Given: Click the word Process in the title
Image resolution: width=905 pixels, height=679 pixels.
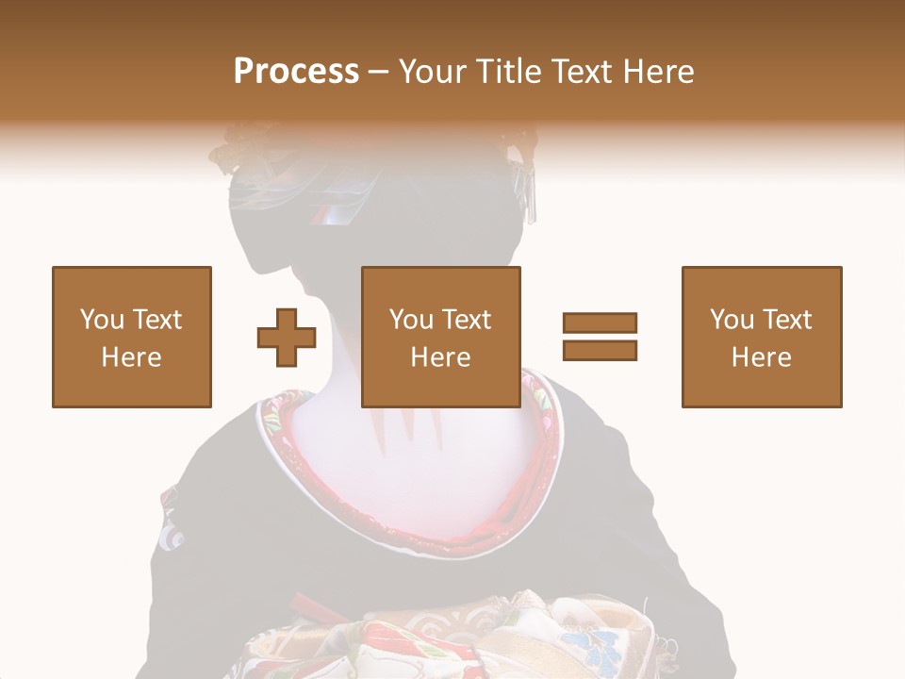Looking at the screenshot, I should pyautogui.click(x=296, y=72).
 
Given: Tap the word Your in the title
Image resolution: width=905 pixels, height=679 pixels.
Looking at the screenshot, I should pyautogui.click(x=431, y=72).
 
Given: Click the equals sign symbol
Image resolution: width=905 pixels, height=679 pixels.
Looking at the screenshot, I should pyautogui.click(x=600, y=337).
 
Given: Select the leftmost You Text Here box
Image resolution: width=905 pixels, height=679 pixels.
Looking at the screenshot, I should pyautogui.click(x=132, y=337).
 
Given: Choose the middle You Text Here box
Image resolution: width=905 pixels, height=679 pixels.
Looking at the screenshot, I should pyautogui.click(x=441, y=337).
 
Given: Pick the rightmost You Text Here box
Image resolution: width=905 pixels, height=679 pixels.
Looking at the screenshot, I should pyautogui.click(x=762, y=337).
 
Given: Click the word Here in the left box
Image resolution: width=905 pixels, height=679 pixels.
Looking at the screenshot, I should pyautogui.click(x=131, y=357).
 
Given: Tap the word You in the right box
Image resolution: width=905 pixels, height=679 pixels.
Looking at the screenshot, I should pyautogui.click(x=732, y=320).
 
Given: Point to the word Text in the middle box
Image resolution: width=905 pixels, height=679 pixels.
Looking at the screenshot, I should pyautogui.click(x=466, y=320).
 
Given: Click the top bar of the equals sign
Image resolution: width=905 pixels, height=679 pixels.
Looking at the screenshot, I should pyautogui.click(x=600, y=323).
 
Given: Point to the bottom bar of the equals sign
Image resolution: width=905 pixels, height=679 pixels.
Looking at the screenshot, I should pyautogui.click(x=600, y=350).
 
